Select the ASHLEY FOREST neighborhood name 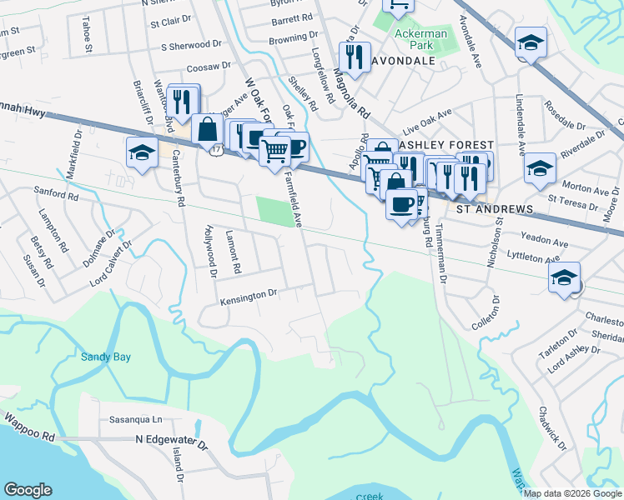(x=435, y=145)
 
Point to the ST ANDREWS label (x=494, y=208)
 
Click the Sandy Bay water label (x=105, y=357)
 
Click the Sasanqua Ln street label (x=133, y=420)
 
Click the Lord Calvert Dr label (x=113, y=262)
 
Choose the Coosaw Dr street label (x=209, y=66)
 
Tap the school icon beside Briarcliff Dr (x=142, y=152)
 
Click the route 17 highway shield (x=215, y=149)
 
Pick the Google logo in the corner (x=28, y=490)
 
